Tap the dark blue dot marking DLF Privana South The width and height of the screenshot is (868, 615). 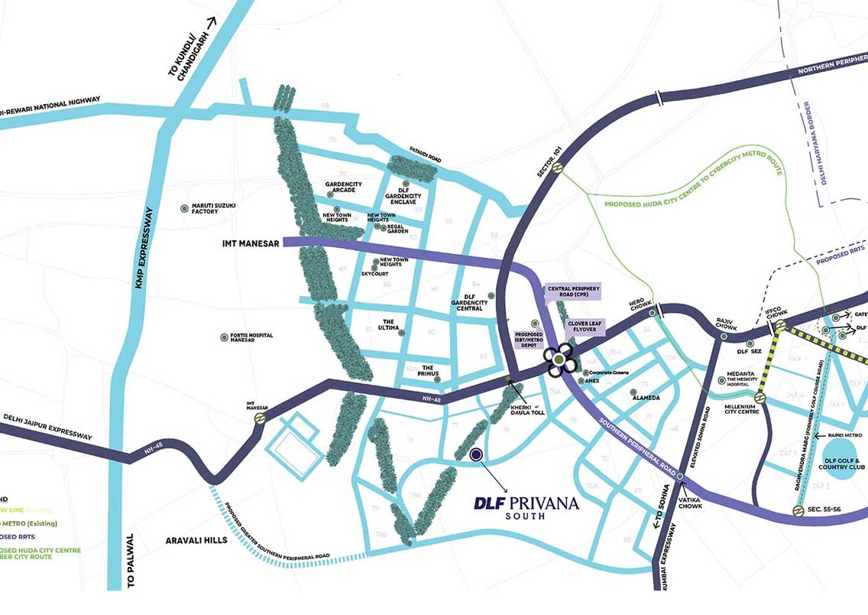tap(476, 455)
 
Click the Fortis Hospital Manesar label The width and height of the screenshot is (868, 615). tap(246, 339)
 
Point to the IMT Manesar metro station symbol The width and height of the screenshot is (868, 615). tap(260, 419)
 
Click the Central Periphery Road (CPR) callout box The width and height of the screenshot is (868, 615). tap(573, 292)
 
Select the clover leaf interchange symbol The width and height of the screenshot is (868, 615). tap(559, 360)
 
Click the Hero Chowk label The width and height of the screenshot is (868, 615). tap(638, 304)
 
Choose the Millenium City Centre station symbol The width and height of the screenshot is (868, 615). tap(760, 398)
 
